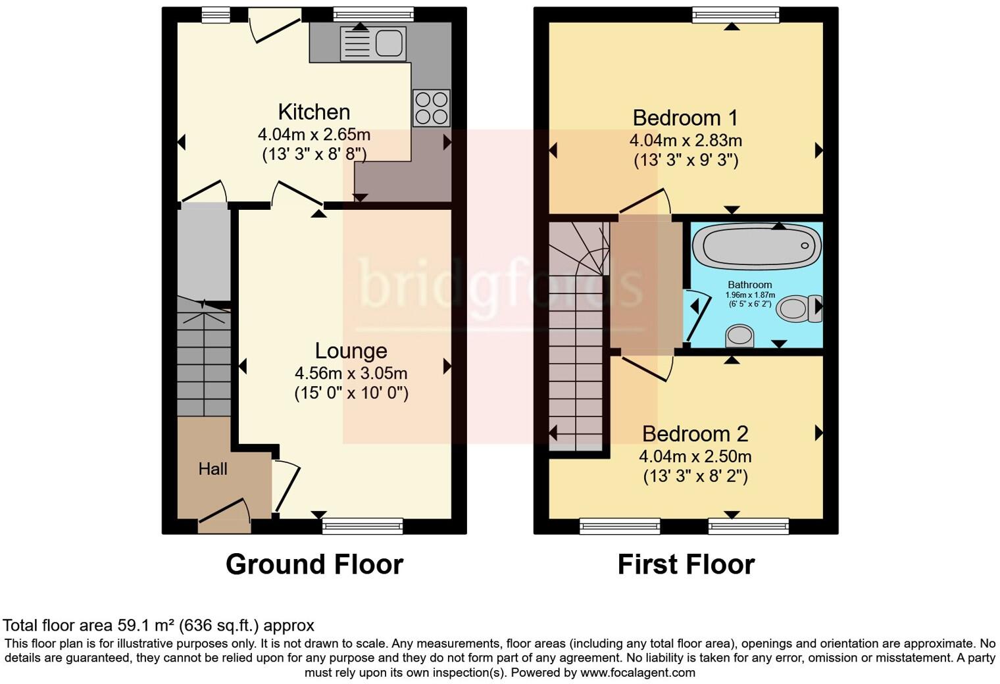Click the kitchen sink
tap(373, 43)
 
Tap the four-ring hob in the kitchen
tap(432, 108)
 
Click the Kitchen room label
tap(314, 112)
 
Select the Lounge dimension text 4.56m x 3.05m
tap(351, 374)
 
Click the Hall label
tap(213, 469)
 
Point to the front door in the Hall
tap(224, 516)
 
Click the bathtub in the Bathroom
tap(757, 246)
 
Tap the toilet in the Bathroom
tap(798, 308)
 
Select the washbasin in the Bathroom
tap(740, 335)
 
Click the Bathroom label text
tap(750, 285)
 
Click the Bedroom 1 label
tap(685, 118)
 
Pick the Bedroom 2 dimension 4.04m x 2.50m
tap(695, 456)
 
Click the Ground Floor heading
tap(314, 564)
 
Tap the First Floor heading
tap(686, 564)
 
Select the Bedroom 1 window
tap(736, 14)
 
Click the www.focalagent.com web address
tap(637, 672)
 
